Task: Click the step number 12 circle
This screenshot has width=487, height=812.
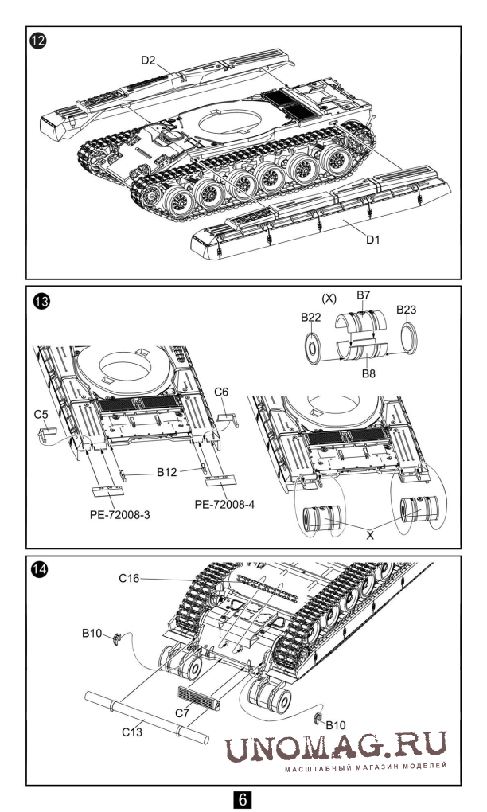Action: (x=38, y=40)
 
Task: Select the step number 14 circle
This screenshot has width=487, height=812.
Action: (x=39, y=569)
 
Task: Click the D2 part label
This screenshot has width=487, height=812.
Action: (x=148, y=60)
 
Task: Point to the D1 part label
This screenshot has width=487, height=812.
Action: (x=372, y=240)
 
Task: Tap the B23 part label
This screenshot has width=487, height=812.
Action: (x=407, y=310)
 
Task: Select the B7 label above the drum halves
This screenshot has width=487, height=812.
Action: (x=364, y=295)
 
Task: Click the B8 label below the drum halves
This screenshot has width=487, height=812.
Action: (x=368, y=373)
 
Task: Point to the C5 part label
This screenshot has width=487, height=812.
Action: (x=41, y=414)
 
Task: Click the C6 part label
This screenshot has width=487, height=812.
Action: (x=221, y=392)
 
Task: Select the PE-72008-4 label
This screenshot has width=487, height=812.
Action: (x=225, y=503)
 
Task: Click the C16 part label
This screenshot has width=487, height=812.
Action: (x=129, y=579)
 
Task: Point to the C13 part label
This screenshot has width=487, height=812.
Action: (x=132, y=732)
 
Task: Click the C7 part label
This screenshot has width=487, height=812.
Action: (x=182, y=713)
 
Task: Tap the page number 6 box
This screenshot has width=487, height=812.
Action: (x=243, y=799)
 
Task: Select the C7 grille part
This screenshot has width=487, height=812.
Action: (x=200, y=698)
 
